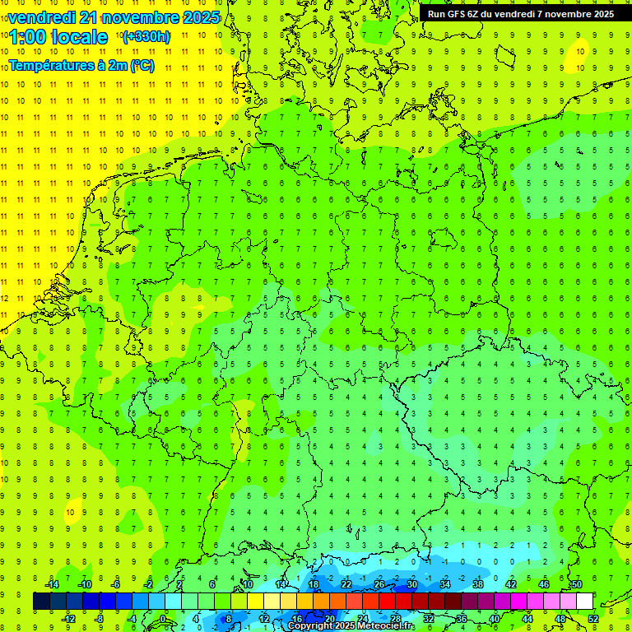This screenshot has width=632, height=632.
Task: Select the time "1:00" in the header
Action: point(30,37)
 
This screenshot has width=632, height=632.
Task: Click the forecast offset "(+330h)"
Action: point(146,37)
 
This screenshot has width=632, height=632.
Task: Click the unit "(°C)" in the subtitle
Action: point(142,65)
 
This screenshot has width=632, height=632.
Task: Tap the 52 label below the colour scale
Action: point(593,619)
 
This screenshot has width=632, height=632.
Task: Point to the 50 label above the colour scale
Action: point(577,584)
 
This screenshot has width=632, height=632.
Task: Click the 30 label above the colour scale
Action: point(412,584)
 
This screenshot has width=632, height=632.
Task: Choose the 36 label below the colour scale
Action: point(462,619)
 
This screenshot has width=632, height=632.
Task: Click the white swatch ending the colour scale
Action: point(585,602)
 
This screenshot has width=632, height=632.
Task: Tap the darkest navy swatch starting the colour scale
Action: point(41,602)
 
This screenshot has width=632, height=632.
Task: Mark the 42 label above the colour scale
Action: point(511,584)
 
